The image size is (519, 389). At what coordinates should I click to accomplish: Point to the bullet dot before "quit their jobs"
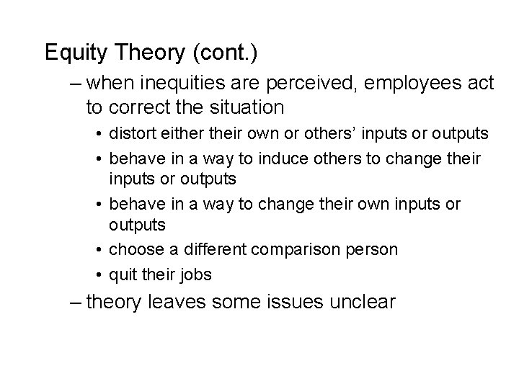click(97, 274)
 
